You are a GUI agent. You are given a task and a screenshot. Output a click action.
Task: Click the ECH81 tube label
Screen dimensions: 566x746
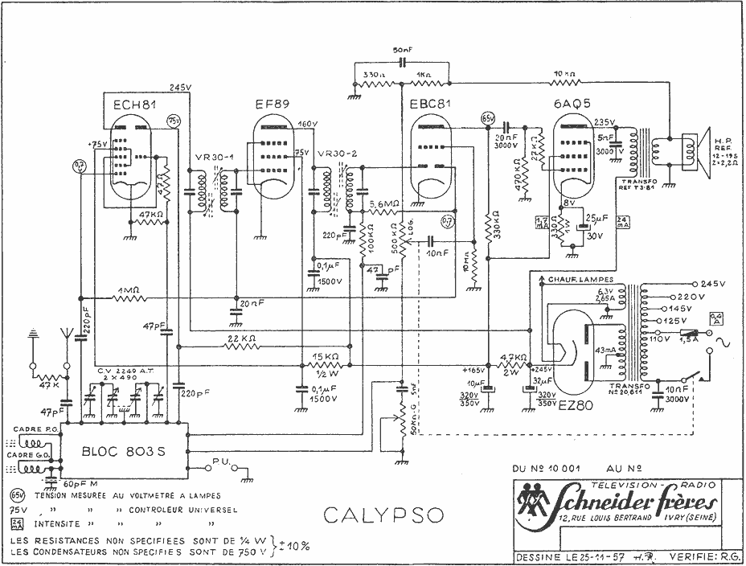[130, 105]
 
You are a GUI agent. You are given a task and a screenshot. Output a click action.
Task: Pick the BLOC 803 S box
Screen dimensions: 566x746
[123, 451]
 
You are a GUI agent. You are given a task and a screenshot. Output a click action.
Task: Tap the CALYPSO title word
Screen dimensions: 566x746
[374, 515]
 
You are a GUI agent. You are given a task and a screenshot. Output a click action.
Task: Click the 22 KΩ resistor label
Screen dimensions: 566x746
[240, 338]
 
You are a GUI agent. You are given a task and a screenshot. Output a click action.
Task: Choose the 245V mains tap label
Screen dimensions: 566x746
[712, 285]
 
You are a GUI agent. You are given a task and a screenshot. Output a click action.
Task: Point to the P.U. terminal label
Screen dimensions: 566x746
[223, 459]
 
